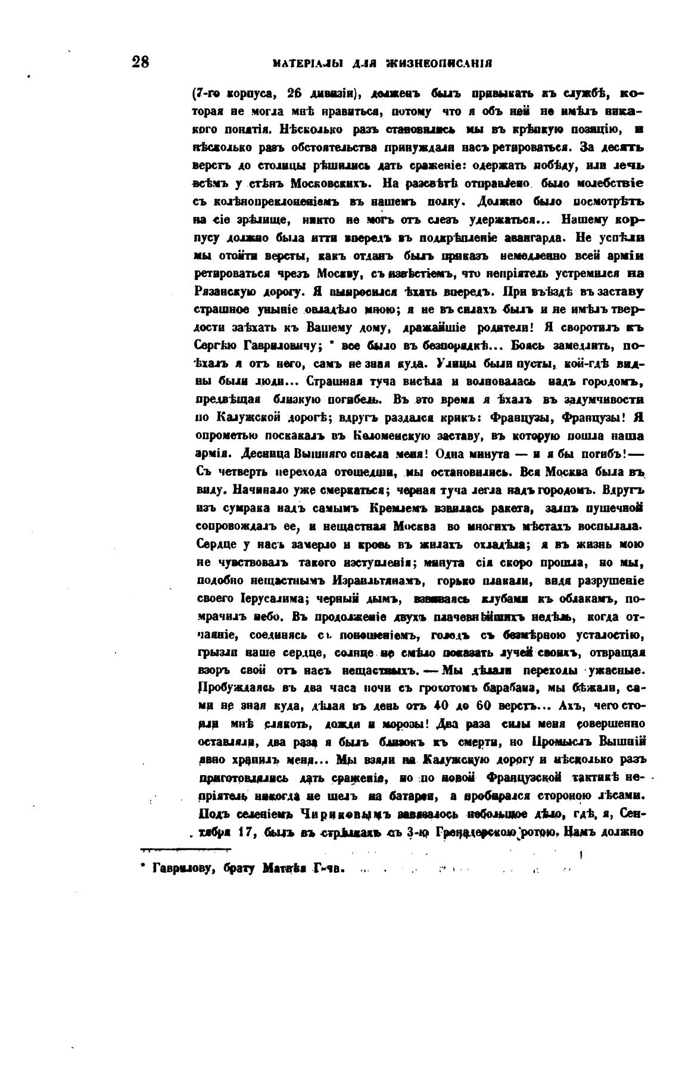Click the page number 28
(x=141, y=63)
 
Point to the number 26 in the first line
(x=296, y=94)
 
